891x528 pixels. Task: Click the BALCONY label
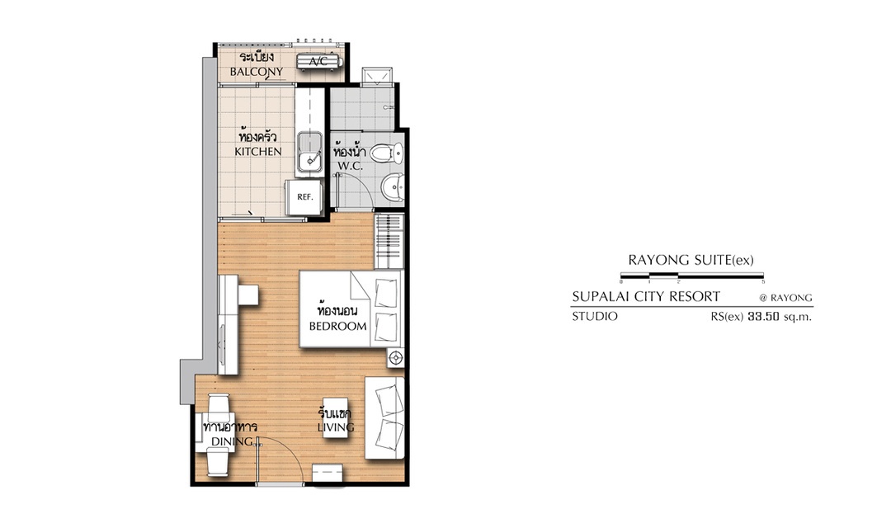coord(257,72)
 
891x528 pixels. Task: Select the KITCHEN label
coord(258,151)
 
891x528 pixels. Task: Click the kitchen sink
coord(309,153)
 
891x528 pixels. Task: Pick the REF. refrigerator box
coord(304,197)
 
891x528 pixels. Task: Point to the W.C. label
coord(350,166)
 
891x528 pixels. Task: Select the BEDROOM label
coord(337,326)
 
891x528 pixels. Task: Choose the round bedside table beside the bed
coord(396,357)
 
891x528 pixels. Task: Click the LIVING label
coord(336,427)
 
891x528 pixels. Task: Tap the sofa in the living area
coord(384,417)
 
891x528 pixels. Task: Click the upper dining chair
coord(219,406)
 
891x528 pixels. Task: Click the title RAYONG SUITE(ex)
coord(691,261)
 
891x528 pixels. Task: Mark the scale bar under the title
coord(692,276)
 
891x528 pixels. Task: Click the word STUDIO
coord(594,317)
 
